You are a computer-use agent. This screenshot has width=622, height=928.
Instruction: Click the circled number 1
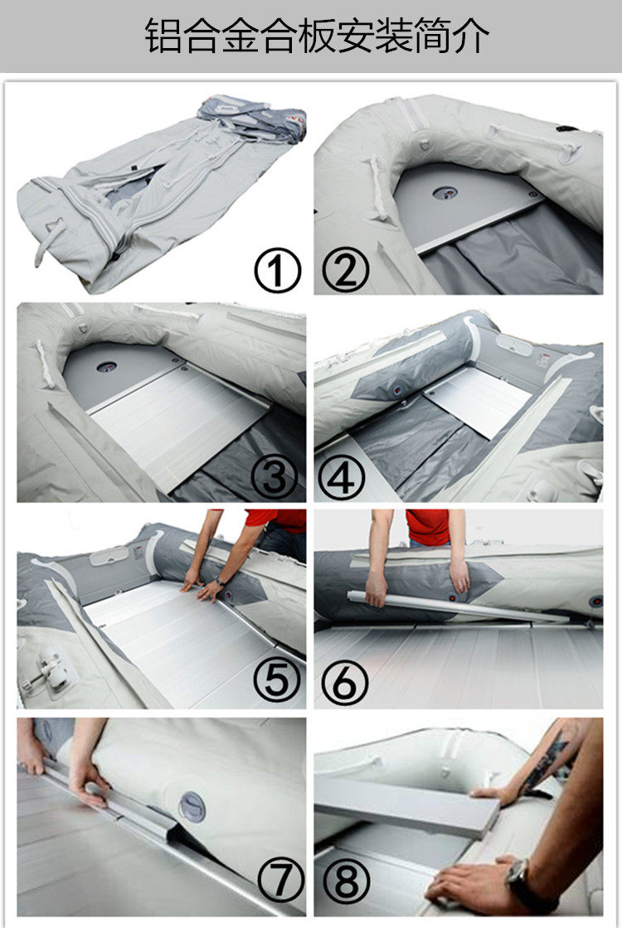coord(277,270)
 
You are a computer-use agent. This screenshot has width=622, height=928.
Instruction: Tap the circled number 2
coord(345,270)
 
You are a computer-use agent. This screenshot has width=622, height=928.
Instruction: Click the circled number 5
coord(277,680)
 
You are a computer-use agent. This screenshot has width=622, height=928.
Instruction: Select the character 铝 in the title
coord(163,36)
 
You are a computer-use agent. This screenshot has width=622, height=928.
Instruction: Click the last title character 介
coord(472,36)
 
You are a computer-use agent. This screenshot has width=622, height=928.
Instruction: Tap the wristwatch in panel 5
coord(220,581)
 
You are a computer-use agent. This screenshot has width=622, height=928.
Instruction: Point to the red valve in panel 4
coord(397,391)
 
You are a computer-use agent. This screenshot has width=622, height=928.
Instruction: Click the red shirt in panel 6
coord(428,527)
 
